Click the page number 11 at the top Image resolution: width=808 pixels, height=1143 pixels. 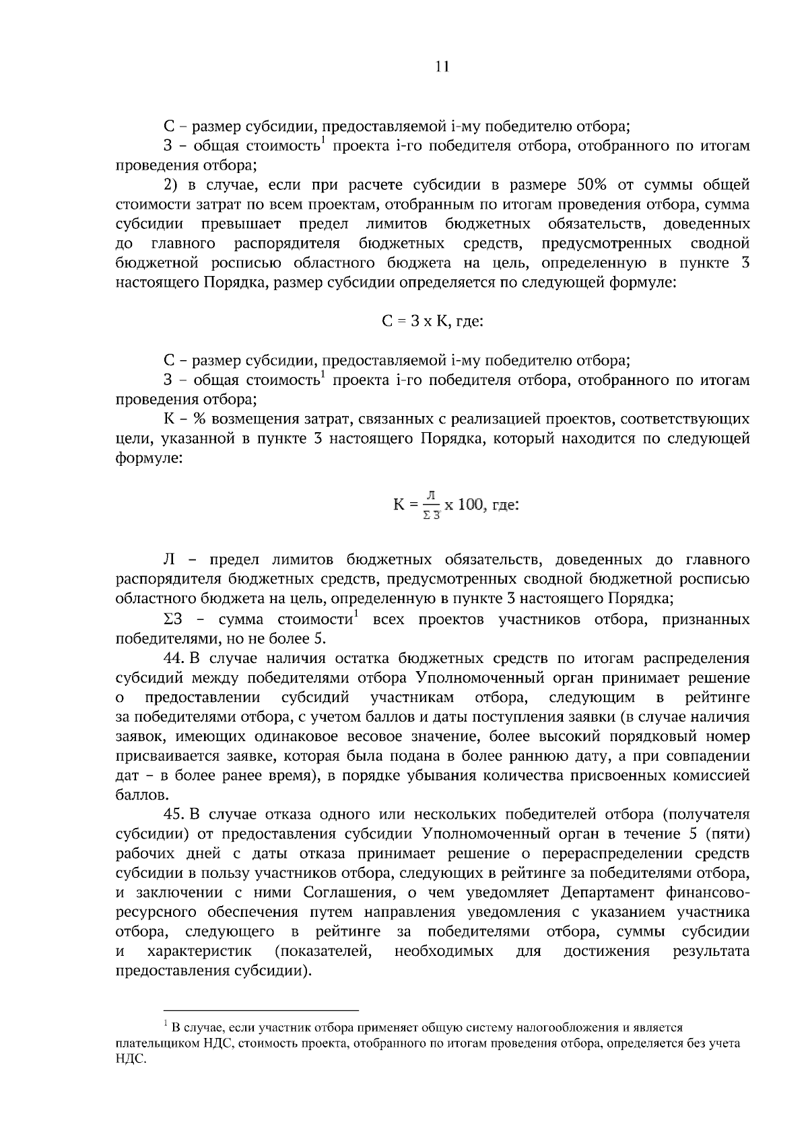coord(442,66)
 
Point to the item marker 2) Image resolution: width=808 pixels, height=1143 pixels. coord(171,184)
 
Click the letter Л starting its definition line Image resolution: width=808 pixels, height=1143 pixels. coord(169,559)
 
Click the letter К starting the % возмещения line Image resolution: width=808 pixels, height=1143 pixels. coord(169,419)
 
